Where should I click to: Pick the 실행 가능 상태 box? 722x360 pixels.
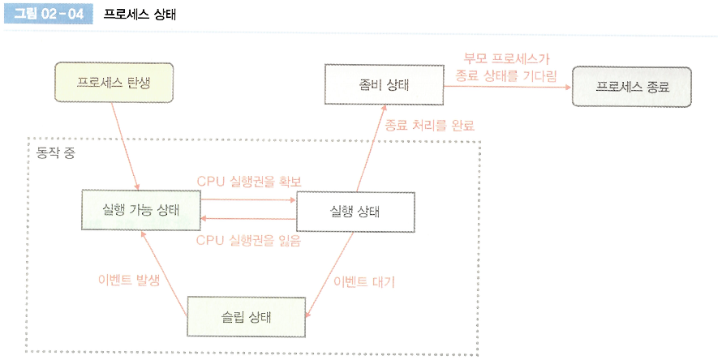click(141, 210)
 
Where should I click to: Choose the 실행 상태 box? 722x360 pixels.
click(356, 212)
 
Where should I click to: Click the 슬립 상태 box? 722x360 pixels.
click(247, 316)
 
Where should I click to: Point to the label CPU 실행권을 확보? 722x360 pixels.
click(249, 180)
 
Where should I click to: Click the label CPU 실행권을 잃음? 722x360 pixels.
click(249, 241)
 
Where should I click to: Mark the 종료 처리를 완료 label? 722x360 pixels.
click(430, 126)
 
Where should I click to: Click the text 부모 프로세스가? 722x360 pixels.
click(507, 58)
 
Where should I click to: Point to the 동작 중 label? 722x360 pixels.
click(56, 153)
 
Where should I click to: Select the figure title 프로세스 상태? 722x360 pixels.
click(140, 15)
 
